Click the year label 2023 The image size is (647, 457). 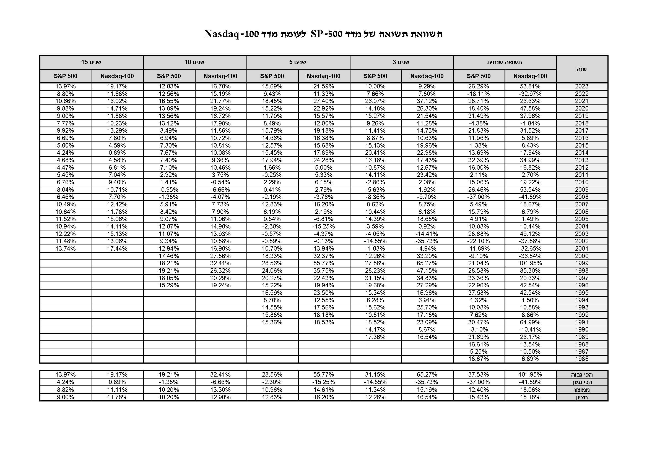coord(582,86)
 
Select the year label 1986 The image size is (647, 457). coord(582,359)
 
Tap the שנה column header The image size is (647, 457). coord(582,69)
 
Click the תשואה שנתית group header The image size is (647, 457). coord(505,62)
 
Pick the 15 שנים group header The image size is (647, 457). coord(91,62)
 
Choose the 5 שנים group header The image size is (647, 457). coord(298,62)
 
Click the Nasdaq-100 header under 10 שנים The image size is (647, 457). coord(220,76)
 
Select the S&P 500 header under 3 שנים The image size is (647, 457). coord(375,76)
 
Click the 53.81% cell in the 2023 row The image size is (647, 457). coord(530,86)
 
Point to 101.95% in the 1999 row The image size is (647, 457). coord(530,263)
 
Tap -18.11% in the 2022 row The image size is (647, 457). coord(479,94)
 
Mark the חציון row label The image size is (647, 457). coord(582,397)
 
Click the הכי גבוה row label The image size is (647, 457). coord(582,375)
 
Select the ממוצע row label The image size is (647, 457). coord(582,390)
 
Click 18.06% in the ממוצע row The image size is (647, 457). coord(530,390)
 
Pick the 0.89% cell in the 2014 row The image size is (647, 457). coord(117,153)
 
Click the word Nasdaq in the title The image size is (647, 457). coord(222,34)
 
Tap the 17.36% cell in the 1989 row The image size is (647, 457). coord(375,337)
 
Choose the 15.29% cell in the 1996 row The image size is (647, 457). coord(168,285)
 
